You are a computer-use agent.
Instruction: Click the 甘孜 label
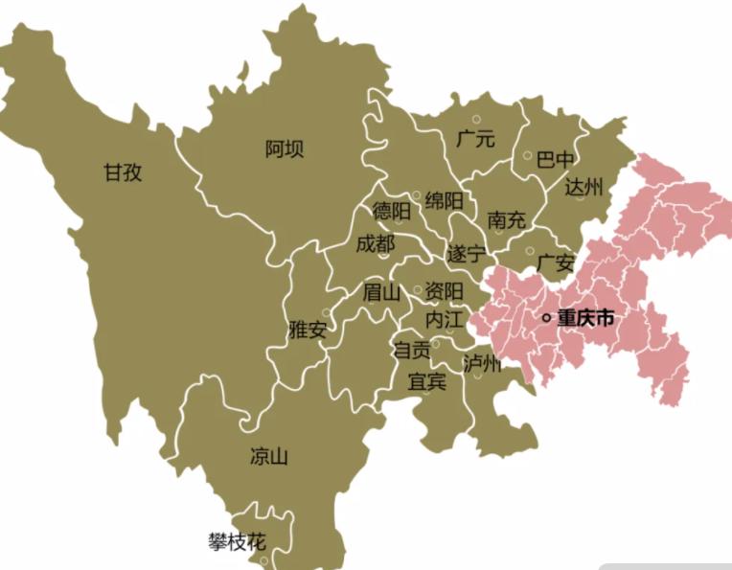pyautogui.click(x=124, y=172)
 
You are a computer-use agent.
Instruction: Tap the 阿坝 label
pyautogui.click(x=285, y=148)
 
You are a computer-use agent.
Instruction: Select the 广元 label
pyautogui.click(x=476, y=139)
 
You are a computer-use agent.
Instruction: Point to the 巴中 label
pyautogui.click(x=557, y=158)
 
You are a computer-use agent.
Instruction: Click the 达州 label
pyautogui.click(x=583, y=187)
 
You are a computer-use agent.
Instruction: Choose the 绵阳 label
pyautogui.click(x=445, y=200)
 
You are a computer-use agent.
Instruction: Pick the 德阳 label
pyautogui.click(x=392, y=211)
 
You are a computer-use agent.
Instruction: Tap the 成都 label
pyautogui.click(x=375, y=244)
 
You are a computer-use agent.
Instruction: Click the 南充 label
pyautogui.click(x=507, y=219)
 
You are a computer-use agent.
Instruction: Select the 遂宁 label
pyautogui.click(x=467, y=254)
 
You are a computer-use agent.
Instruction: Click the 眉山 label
pyautogui.click(x=381, y=292)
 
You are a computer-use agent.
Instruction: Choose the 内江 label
pyautogui.click(x=445, y=317)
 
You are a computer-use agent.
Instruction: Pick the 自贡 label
pyautogui.click(x=412, y=351)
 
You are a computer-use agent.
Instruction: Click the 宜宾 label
pyautogui.click(x=426, y=380)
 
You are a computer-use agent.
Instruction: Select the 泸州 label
pyautogui.click(x=482, y=363)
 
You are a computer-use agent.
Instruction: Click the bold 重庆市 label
pyautogui.click(x=585, y=318)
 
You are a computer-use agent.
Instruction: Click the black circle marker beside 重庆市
pyautogui.click(x=546, y=318)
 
